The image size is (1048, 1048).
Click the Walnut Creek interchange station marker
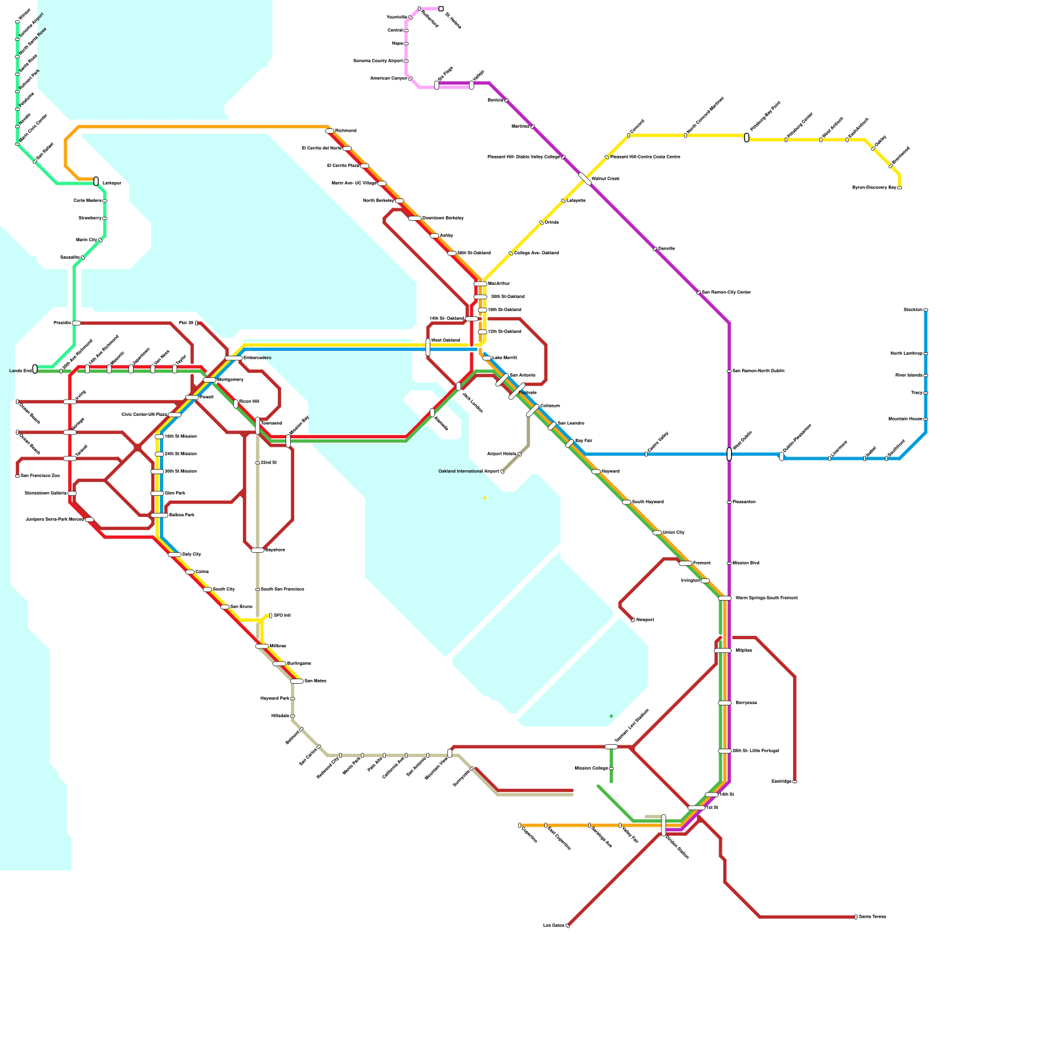point(585,179)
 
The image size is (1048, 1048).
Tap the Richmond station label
point(346,131)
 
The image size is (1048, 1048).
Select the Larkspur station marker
point(96,181)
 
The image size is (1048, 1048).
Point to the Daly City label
point(191,555)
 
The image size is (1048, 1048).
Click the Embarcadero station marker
point(234,358)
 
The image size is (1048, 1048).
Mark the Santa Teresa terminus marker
point(855,917)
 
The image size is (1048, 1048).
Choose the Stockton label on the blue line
point(912,310)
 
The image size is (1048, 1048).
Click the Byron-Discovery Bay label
point(874,188)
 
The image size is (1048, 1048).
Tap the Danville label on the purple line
point(666,249)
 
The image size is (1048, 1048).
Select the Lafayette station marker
point(563,201)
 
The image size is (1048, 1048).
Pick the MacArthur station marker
point(480,284)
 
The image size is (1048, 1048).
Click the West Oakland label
point(445,341)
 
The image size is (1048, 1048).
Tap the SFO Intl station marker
point(271,616)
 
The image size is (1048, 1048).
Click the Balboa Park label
point(181,515)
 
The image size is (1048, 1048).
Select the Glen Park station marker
point(157,493)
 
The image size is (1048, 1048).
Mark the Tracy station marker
point(926,393)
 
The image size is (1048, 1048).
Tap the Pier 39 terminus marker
point(196,323)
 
